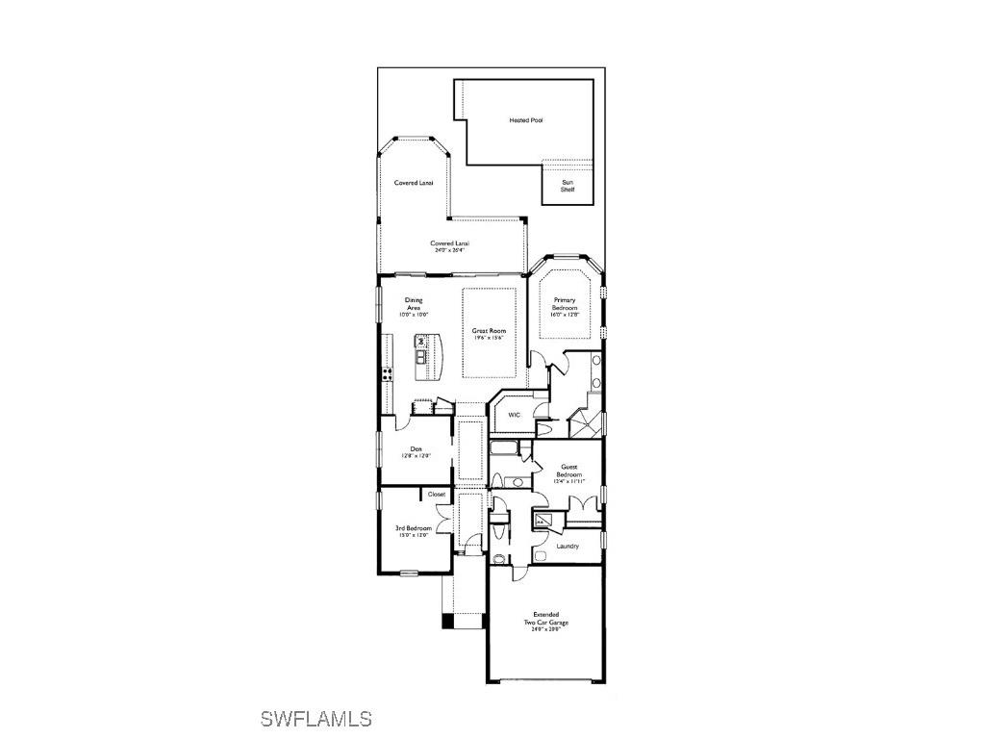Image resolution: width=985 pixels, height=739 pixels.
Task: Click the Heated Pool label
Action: point(526,120)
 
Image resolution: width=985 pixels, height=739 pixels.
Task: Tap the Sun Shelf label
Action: point(568,186)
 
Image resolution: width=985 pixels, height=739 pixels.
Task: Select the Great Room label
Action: point(489,331)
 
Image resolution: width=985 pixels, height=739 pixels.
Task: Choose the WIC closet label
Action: point(515,415)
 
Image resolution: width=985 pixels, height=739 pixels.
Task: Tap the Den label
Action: point(417,448)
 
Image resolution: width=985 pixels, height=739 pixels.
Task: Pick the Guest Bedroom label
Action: point(569,471)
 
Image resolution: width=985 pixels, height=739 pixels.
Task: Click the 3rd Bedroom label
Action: point(413,528)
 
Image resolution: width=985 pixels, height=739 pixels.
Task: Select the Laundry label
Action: point(568,547)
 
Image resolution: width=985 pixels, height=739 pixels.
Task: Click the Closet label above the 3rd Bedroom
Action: point(437,494)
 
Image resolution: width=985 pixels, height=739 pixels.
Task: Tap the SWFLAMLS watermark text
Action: point(316,719)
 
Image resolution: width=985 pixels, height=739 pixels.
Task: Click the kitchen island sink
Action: point(421,357)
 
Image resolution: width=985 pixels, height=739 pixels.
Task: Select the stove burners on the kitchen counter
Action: point(387,374)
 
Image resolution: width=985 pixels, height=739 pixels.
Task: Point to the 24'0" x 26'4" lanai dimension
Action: point(449,251)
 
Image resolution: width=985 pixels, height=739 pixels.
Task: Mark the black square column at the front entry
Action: point(447,622)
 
